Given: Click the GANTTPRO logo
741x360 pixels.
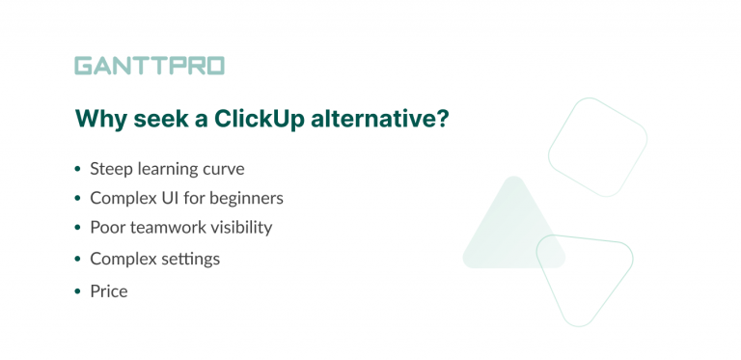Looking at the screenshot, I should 150,66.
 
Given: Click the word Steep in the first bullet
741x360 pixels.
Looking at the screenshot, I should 110,169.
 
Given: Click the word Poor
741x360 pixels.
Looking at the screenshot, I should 107,228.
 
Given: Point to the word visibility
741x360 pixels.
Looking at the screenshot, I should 240,228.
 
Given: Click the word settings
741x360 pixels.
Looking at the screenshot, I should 188,260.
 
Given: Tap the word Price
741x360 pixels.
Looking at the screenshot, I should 109,291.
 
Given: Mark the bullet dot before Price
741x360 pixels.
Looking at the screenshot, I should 77,291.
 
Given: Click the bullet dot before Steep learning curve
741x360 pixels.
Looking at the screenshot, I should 77,170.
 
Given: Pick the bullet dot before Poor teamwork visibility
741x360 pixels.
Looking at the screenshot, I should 77,229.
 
